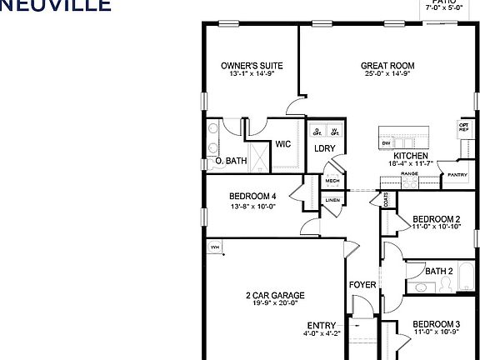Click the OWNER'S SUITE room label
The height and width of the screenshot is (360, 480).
[x=252, y=65]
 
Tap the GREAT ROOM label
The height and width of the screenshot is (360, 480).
[x=387, y=65]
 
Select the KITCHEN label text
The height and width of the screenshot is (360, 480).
[x=411, y=156]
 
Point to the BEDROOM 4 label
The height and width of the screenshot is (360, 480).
[x=252, y=197]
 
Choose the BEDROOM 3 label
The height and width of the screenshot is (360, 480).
[x=436, y=324]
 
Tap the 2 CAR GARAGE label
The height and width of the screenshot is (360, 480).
[x=274, y=295]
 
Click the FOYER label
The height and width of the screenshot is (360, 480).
[x=363, y=285]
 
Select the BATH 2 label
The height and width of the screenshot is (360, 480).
[x=438, y=271]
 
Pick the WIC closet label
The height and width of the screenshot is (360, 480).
[x=283, y=143]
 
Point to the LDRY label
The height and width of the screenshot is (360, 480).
[x=325, y=149]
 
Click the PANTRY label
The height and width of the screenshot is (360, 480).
[x=457, y=175]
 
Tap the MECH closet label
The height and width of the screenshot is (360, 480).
[x=332, y=181]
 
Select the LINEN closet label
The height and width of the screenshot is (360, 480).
[x=332, y=200]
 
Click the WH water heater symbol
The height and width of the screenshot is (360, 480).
[x=214, y=247]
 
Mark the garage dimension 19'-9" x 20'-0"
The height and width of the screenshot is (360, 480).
[x=274, y=304]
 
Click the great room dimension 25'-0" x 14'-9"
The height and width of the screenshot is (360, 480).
[x=387, y=73]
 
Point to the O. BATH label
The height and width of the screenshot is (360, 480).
[x=230, y=161]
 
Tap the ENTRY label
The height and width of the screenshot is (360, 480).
[x=322, y=325]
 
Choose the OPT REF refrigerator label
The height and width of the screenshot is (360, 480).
[x=463, y=127]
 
